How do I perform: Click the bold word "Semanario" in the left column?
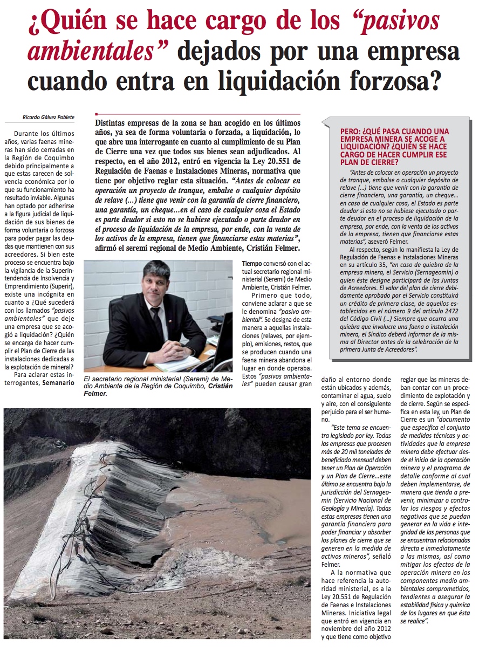coord(59,383)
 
